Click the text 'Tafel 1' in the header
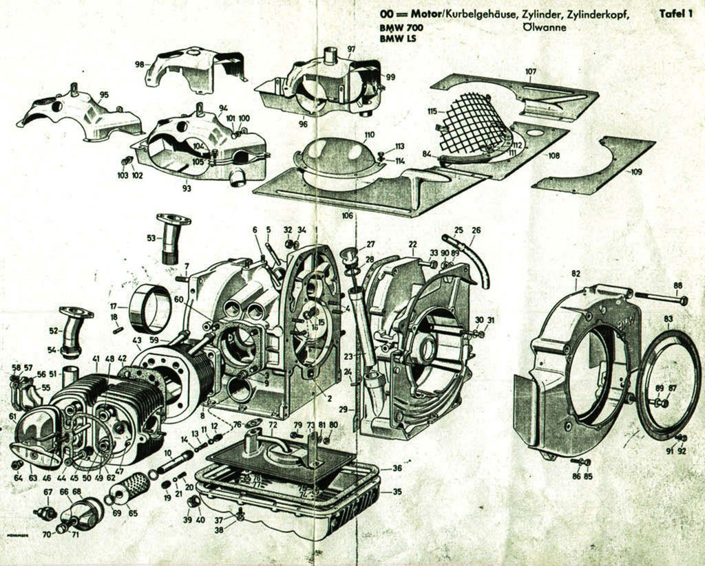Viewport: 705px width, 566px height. [675, 13]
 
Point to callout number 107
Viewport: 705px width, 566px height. [530, 72]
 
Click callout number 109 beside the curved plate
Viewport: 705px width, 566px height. [636, 172]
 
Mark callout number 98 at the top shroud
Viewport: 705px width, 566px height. [140, 64]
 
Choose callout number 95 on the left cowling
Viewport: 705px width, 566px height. [104, 95]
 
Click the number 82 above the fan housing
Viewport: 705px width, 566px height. [576, 274]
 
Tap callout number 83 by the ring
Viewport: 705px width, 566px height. [668, 318]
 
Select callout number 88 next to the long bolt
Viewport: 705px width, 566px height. [677, 286]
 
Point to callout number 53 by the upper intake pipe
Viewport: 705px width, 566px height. [151, 238]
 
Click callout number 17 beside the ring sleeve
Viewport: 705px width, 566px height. [114, 305]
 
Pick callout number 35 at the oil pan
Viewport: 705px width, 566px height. [397, 492]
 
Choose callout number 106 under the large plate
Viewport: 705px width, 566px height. [348, 215]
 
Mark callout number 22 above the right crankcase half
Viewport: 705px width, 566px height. [412, 244]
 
